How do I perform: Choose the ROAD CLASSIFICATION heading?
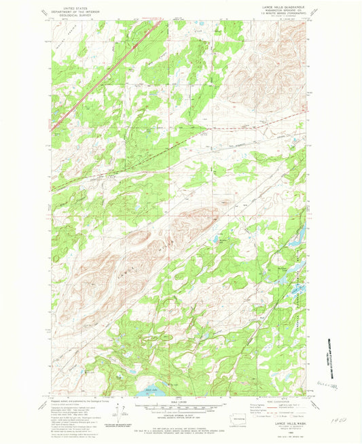[273, 400]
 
